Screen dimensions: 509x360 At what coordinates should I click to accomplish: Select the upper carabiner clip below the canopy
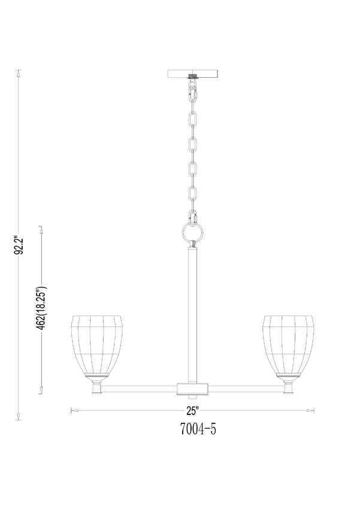(193, 92)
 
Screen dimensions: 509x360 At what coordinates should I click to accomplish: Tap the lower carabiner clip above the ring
(193, 217)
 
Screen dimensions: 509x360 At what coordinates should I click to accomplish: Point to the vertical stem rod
(193, 311)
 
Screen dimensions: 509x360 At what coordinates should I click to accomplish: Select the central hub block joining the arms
(193, 387)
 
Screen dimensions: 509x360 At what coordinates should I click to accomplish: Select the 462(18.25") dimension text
(43, 306)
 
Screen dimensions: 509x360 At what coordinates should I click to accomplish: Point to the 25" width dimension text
(192, 411)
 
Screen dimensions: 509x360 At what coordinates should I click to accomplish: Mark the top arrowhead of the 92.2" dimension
(19, 74)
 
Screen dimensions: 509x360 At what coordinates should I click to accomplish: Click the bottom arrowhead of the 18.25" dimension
(41, 390)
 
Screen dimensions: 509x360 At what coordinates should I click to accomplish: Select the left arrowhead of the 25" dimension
(74, 411)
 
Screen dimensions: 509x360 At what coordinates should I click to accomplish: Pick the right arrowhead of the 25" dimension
(312, 411)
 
